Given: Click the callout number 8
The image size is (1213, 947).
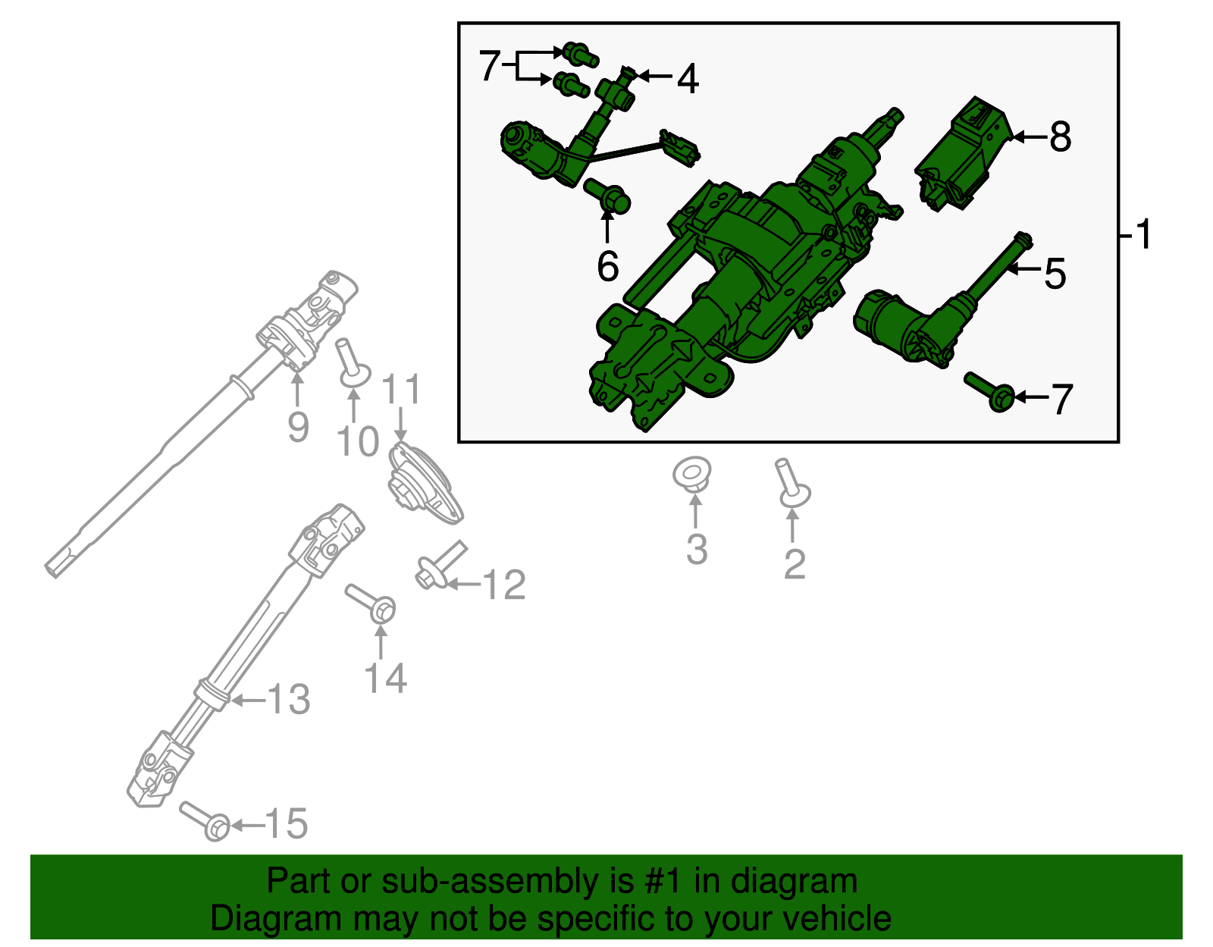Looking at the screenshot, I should click(x=1061, y=137).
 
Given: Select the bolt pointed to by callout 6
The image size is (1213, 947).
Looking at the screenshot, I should click(x=608, y=195).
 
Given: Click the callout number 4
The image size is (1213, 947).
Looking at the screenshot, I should click(x=687, y=79).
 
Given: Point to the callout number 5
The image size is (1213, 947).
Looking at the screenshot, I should click(x=1055, y=273).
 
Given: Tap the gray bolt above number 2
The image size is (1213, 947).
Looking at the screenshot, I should click(x=791, y=484).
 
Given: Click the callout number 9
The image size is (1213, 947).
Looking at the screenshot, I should click(x=298, y=428).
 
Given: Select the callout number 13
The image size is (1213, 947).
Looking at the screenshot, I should click(x=289, y=699).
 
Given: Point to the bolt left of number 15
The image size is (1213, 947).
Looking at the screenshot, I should click(x=205, y=821).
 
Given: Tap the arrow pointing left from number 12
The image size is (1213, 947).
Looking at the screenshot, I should click(x=462, y=585).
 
